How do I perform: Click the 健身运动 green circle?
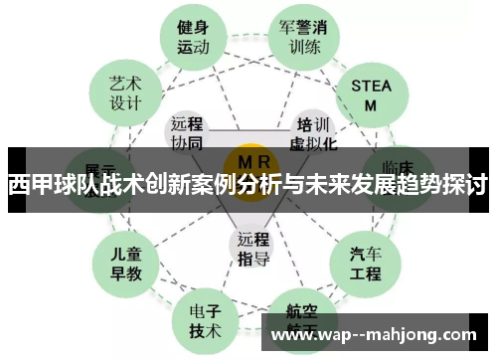[194, 36]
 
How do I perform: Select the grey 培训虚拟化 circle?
[313, 133]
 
